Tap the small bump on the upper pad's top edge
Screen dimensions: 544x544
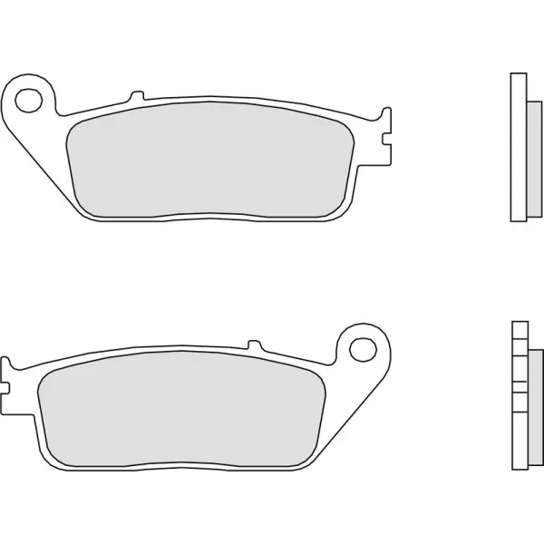[x=136, y=96]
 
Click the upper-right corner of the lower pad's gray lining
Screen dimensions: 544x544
[x=323, y=379]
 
